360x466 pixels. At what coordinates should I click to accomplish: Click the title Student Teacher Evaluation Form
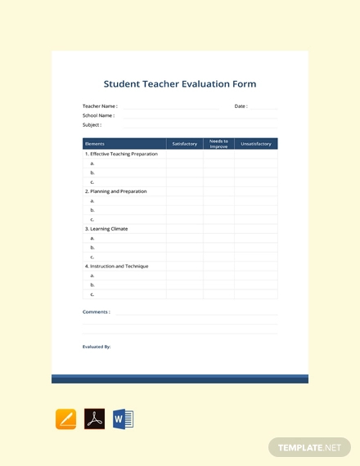coord(180,83)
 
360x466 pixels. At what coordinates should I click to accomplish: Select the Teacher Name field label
coord(100,106)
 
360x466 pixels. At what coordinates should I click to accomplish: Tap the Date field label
coord(241,106)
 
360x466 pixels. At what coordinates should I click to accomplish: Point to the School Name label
coord(98,115)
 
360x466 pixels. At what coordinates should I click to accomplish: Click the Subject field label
coord(92,125)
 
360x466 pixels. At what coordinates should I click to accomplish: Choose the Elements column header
coord(94,144)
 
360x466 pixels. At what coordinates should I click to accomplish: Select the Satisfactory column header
coord(184,144)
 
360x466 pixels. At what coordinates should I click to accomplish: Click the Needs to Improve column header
coord(218,144)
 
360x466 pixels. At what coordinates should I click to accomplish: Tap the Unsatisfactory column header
coord(255,144)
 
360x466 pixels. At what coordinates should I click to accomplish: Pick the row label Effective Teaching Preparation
coord(123,154)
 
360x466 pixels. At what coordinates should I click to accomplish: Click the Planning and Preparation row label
coord(118,191)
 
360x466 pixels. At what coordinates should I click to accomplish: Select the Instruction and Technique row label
coord(117,267)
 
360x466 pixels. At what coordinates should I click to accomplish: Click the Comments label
coord(97,311)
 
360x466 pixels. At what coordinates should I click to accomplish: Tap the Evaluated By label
coord(97,347)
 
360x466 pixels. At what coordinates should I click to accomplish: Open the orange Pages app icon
coord(65,419)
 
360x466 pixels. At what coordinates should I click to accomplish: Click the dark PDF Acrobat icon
coord(94,419)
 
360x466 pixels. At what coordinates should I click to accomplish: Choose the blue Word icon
coord(123,419)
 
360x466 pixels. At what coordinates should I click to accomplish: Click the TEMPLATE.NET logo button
coord(309,447)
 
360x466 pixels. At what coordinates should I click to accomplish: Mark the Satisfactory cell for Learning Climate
coord(184,229)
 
